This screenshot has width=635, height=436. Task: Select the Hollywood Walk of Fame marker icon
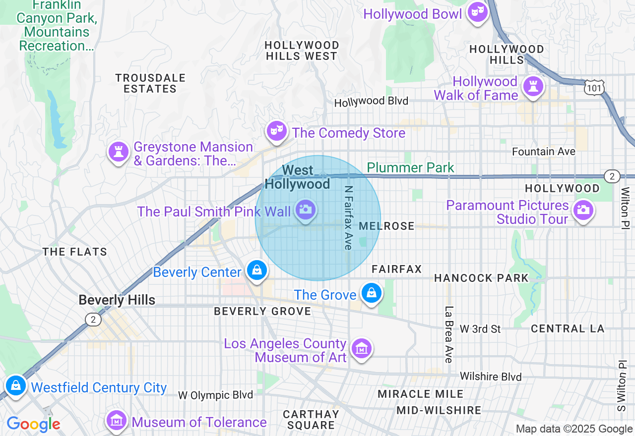[x=533, y=87]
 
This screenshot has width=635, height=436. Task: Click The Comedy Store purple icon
[x=275, y=131]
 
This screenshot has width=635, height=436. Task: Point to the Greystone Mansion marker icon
[x=119, y=152]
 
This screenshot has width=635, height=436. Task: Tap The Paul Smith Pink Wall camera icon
[x=305, y=210]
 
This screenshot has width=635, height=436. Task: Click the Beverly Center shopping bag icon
[x=257, y=271]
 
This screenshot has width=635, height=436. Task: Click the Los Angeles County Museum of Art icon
[x=361, y=349]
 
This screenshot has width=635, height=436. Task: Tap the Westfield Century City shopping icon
[x=16, y=385]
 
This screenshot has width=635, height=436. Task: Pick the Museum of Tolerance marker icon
[x=117, y=421]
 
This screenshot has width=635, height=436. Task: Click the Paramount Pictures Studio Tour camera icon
[x=583, y=210]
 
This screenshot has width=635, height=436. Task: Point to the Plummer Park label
[x=410, y=167]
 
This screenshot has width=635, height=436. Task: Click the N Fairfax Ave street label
[x=348, y=218]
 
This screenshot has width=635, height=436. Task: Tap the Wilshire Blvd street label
[x=491, y=377]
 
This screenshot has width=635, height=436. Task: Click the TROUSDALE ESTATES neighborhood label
[x=150, y=83]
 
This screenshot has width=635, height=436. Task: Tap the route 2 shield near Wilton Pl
[x=612, y=176]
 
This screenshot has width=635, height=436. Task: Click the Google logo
[x=33, y=425]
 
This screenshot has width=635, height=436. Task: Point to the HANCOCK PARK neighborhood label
[x=481, y=278]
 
